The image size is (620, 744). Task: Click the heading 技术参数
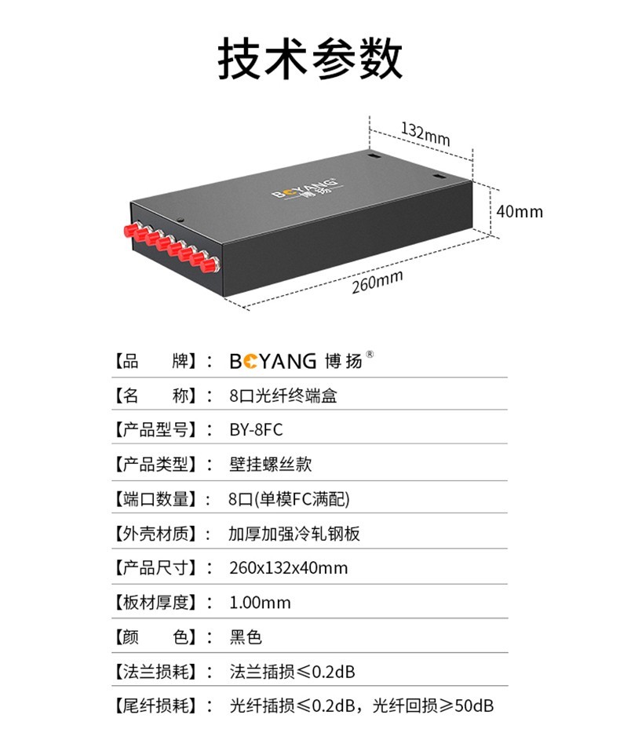point(309,58)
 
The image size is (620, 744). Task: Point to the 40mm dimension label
point(520,211)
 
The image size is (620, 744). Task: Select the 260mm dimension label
point(377,281)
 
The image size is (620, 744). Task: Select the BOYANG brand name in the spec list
point(272,362)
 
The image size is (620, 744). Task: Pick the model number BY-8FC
point(256,430)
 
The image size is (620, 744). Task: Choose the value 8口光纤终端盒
point(283,396)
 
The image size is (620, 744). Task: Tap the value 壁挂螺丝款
point(271,465)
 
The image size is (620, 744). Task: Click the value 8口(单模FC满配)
point(289,499)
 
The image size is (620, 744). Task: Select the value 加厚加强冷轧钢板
point(294,534)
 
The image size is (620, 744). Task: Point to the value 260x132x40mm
point(288,567)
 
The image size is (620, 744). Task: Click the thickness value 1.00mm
point(260,602)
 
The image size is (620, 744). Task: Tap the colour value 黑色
point(245,636)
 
